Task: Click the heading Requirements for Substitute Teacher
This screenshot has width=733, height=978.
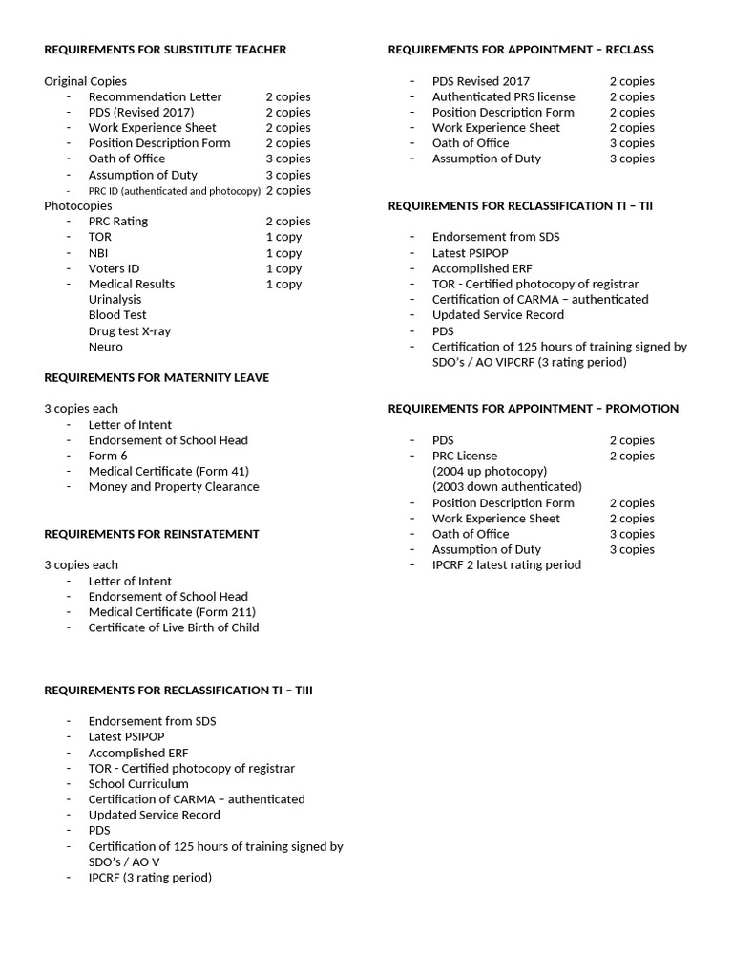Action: (165, 50)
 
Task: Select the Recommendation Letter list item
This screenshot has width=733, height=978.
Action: (155, 96)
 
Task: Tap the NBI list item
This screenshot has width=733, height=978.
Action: (98, 253)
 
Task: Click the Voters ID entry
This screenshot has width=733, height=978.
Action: (114, 268)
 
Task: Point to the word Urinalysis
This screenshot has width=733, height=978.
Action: (115, 300)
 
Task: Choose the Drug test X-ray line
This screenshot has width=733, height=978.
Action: (130, 331)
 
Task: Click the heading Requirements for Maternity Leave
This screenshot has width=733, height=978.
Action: (157, 378)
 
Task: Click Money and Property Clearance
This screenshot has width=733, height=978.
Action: (174, 487)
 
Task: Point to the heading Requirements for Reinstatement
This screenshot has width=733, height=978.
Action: (151, 534)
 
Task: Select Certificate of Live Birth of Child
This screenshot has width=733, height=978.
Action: (174, 627)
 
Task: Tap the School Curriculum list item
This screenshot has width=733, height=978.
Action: (138, 784)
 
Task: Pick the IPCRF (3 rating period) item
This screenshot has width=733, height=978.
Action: (150, 878)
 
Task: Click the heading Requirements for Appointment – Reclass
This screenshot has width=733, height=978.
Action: (520, 50)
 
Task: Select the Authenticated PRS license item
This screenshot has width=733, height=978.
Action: (503, 96)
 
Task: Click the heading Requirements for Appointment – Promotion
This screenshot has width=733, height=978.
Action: (533, 409)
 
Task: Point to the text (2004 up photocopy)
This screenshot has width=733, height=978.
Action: (490, 472)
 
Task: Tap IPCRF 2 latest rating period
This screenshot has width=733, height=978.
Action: (506, 565)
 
